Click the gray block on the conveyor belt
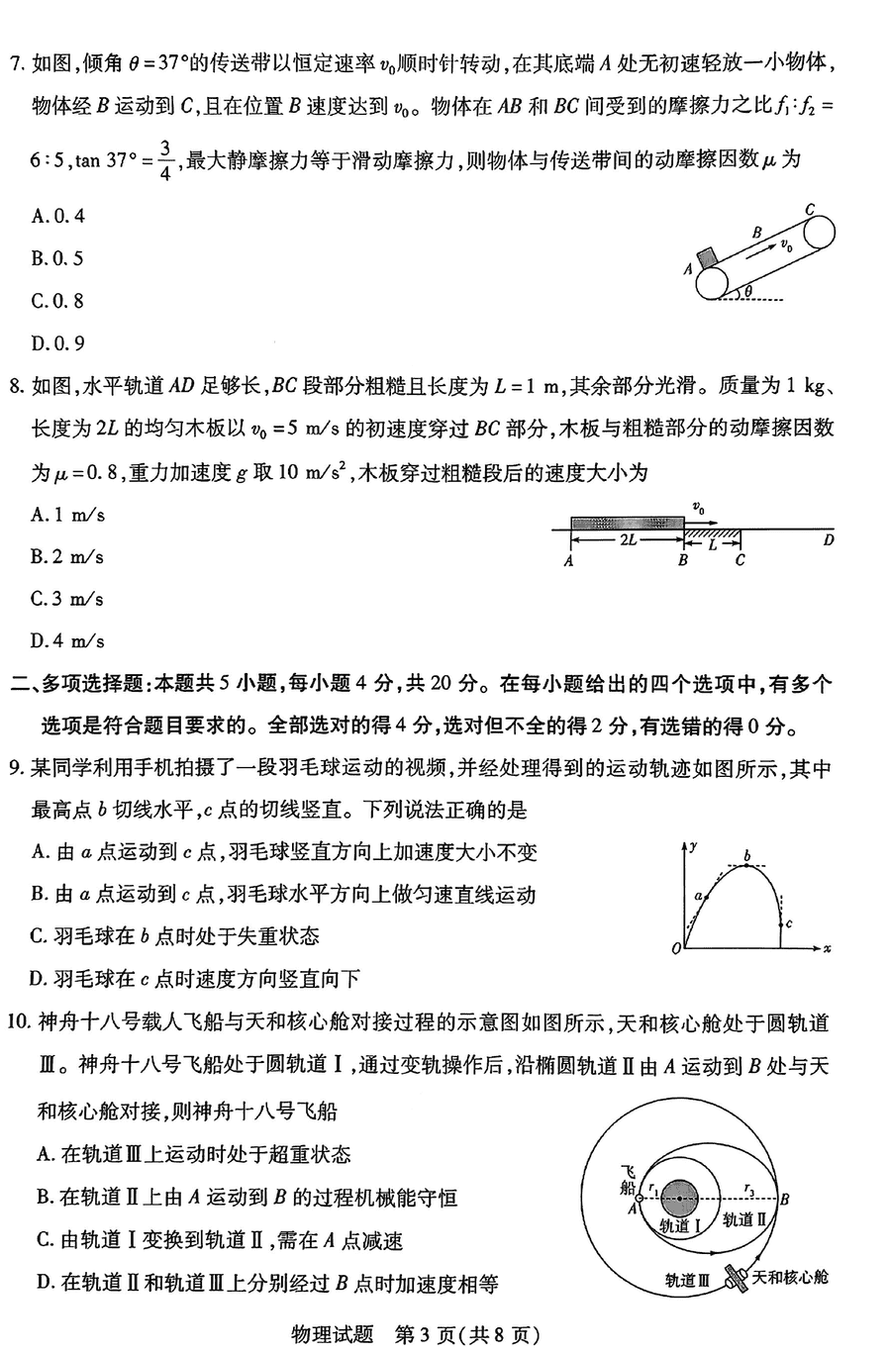[x=708, y=256]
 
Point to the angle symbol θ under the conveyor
[x=747, y=290]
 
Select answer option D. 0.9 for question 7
[x=58, y=343]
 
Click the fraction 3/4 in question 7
[x=165, y=159]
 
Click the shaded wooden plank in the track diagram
[x=628, y=525]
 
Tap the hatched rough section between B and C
[x=713, y=534]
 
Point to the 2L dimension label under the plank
[x=628, y=542]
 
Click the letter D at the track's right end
[x=829, y=540]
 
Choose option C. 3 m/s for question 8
[x=67, y=599]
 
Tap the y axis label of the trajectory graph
[x=696, y=847]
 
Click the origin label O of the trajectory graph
[x=675, y=949]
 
